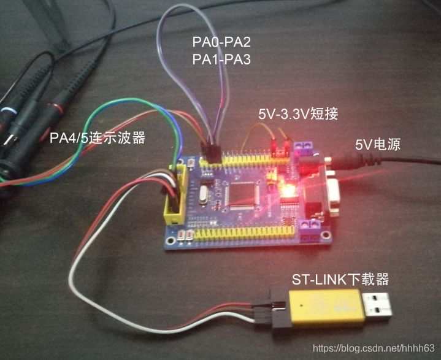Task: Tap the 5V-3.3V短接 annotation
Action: tap(298, 114)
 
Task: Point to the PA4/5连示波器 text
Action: tap(98, 138)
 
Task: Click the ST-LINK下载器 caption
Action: tap(340, 280)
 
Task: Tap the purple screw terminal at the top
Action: tap(304, 147)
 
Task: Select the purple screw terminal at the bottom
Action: tap(314, 226)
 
